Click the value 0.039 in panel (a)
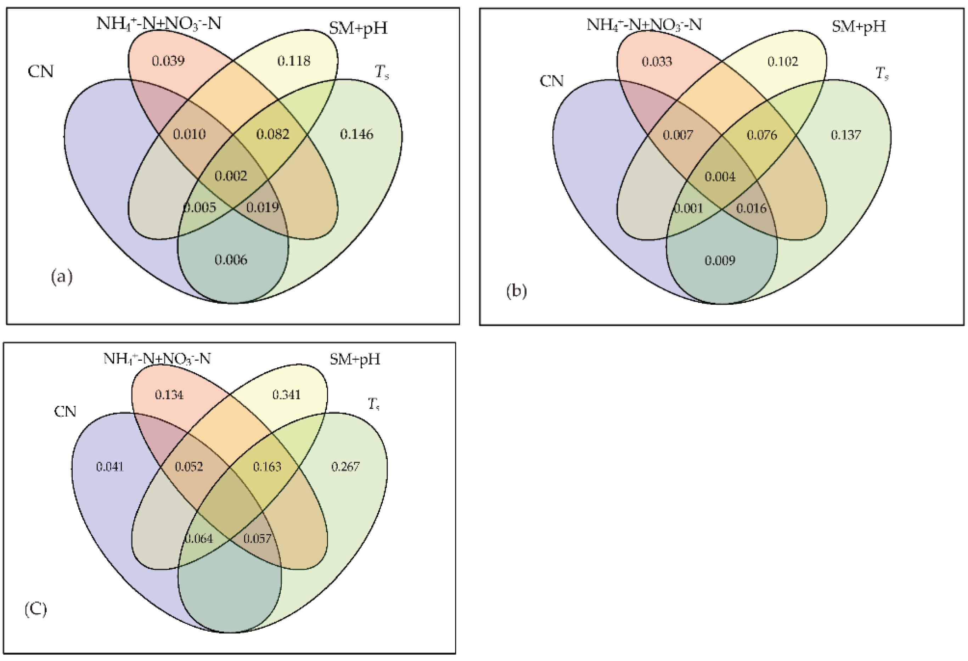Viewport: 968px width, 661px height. tap(168, 61)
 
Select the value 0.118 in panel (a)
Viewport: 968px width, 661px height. tap(294, 61)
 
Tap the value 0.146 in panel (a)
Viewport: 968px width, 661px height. tap(356, 134)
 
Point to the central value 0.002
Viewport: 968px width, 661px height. tap(231, 176)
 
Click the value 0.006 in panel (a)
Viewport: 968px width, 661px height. tap(231, 260)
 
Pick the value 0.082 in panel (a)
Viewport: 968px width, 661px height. tap(272, 134)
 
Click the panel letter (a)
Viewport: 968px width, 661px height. tap(62, 277)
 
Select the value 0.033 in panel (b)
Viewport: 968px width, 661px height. tap(657, 62)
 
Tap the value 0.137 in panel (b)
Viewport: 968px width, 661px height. tap(845, 135)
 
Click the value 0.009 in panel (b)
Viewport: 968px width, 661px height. tap(720, 261)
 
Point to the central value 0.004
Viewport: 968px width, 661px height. tap(720, 177)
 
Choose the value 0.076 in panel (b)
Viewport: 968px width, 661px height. tap(762, 135)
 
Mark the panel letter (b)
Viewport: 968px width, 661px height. tap(517, 291)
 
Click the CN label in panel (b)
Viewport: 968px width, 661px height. tap(551, 81)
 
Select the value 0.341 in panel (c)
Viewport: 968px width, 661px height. tap(286, 394)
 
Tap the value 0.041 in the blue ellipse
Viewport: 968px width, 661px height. tap(110, 467)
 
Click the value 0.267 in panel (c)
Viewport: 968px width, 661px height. tap(345, 467)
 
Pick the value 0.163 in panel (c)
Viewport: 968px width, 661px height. tap(267, 467)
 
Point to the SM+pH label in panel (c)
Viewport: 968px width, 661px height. tap(355, 359)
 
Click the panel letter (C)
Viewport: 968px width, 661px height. tap(36, 610)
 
